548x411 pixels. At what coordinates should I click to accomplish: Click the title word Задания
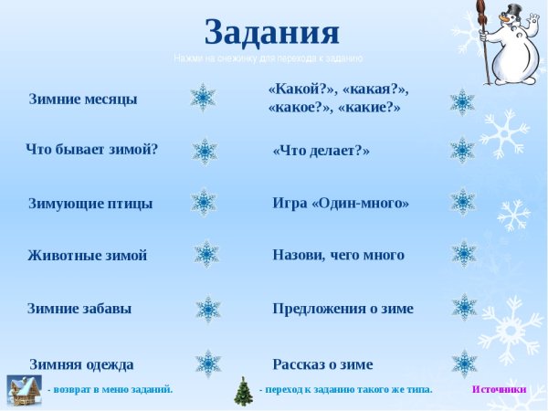272,32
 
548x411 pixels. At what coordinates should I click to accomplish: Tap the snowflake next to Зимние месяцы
203,97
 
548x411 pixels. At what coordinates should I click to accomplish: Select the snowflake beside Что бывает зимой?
205,151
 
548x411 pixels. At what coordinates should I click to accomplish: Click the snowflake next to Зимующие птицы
204,202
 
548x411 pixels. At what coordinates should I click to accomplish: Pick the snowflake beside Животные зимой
206,254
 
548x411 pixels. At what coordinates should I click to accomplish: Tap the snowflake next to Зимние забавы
208,309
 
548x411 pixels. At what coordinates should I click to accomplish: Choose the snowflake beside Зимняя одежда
208,364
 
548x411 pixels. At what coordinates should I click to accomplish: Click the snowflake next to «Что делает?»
463,150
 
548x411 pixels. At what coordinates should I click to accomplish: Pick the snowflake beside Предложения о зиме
464,308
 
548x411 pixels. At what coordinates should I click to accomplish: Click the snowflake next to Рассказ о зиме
464,364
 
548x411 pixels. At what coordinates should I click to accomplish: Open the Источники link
499,389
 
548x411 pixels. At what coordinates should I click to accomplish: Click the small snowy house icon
24,390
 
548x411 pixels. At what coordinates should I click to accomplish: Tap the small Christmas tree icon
243,391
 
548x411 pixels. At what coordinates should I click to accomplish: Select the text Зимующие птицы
90,203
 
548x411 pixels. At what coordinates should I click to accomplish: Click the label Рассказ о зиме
322,364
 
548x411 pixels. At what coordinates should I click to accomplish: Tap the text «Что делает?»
321,151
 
